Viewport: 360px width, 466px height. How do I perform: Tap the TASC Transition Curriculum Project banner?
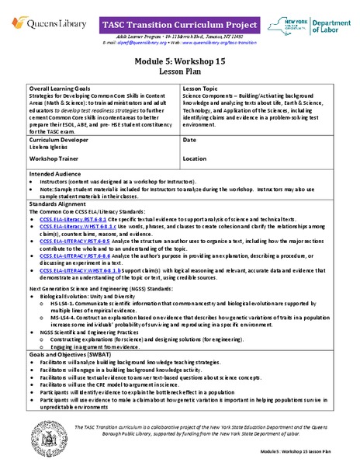[179, 25]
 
